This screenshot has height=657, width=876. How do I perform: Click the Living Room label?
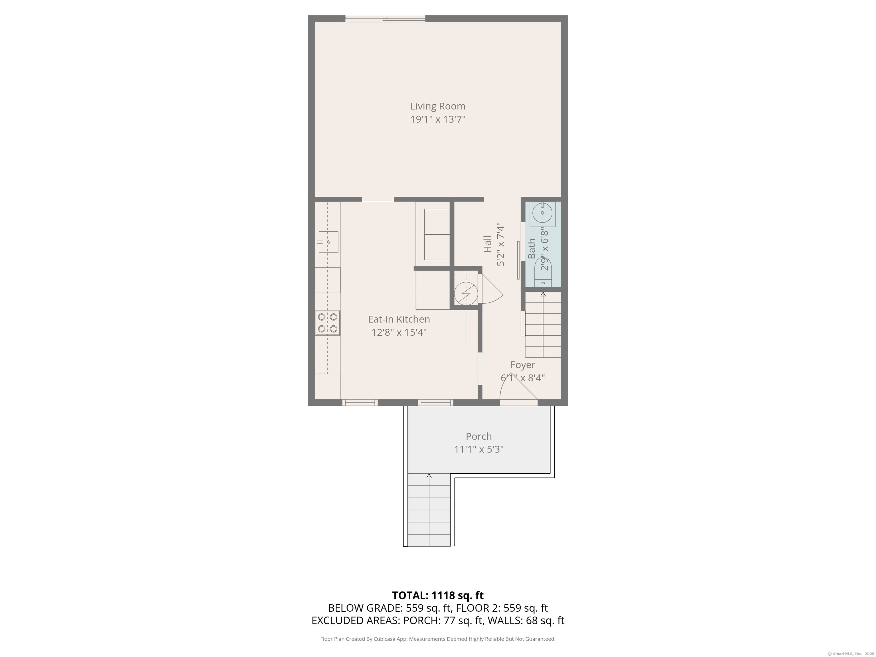tap(438, 106)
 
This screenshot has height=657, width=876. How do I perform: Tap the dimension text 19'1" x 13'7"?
tap(438, 119)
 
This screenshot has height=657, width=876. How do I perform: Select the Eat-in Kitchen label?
tap(399, 319)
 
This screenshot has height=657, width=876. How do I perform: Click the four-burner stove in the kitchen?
tap(328, 323)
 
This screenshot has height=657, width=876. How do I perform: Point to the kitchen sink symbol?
tap(328, 242)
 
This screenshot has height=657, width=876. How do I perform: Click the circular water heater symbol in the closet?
tap(466, 294)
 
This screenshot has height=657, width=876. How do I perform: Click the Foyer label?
tap(522, 365)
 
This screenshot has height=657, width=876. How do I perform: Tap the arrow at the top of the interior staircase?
tap(543, 294)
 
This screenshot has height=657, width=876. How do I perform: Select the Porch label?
tap(478, 436)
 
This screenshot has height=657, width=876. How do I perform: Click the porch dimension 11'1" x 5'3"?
tap(478, 449)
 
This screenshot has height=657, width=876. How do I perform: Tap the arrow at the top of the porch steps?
tap(429, 476)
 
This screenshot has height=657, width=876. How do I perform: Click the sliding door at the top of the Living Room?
tap(385, 18)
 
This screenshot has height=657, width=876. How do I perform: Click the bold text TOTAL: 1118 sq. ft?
tap(438, 595)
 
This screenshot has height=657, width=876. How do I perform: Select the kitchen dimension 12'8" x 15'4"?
tap(399, 332)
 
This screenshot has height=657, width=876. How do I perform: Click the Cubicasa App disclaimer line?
tap(438, 639)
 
